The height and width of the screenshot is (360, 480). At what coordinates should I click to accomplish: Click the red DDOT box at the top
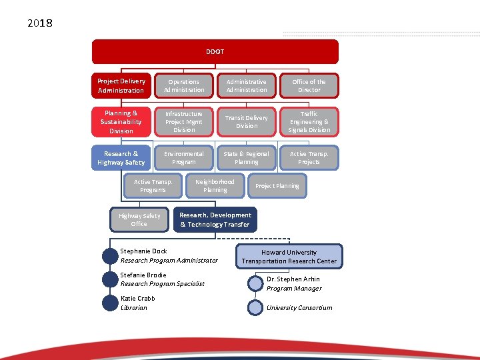coord(215,51)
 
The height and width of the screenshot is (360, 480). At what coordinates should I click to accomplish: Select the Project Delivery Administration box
coord(121,86)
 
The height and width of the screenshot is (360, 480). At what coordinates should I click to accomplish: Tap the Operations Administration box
coord(184,86)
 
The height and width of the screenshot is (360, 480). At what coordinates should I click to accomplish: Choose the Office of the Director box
coord(309,86)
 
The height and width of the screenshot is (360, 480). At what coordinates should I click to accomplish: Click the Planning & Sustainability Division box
coord(121,122)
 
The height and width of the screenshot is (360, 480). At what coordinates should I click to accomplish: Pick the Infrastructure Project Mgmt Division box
coord(184,122)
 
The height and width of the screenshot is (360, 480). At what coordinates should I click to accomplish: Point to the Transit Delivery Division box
coord(247,122)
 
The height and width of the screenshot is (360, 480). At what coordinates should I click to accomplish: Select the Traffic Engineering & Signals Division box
coord(309,122)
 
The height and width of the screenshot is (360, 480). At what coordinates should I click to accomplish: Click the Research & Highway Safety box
coord(121,158)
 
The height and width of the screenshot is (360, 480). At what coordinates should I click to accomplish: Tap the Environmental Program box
coord(184,158)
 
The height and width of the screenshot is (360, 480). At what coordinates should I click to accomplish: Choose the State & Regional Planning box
coord(247,158)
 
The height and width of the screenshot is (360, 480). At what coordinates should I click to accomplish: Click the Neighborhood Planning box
coord(215,186)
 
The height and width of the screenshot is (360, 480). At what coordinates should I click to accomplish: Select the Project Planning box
coord(277,186)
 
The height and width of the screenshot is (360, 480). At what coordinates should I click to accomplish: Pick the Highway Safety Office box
coord(139,220)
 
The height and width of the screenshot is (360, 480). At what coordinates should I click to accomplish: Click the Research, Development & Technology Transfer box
coord(215,220)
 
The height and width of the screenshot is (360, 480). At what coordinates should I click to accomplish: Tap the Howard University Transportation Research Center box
coord(289,257)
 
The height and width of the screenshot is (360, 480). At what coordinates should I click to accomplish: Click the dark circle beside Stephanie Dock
coord(110,256)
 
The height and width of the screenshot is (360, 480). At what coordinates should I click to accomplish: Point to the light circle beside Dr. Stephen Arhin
coord(255,284)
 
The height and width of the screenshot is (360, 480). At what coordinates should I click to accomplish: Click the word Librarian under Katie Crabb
coord(134,308)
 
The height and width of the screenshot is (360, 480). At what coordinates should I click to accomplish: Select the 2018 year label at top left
coord(40,23)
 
